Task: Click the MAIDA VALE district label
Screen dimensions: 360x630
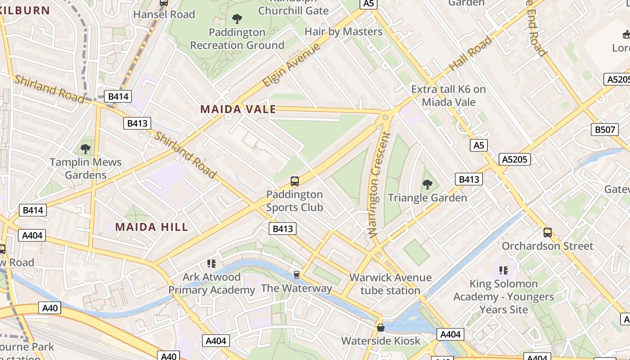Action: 238,109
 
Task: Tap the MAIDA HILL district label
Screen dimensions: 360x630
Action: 152,227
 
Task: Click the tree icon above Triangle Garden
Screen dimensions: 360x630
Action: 427,184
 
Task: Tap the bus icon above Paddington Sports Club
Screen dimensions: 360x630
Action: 295,181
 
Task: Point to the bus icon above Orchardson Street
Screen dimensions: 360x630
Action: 548,233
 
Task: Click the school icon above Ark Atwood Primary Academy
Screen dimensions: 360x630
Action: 211,264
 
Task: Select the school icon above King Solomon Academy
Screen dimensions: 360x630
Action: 504,270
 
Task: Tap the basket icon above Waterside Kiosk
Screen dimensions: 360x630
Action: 381,328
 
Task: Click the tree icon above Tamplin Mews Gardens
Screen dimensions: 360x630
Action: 85,148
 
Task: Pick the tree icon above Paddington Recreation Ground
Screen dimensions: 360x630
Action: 237,19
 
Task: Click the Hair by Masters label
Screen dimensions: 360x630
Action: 343,31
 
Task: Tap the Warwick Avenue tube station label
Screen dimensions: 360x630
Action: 390,284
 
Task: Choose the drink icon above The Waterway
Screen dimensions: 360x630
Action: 296,274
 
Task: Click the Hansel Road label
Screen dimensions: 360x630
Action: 164,14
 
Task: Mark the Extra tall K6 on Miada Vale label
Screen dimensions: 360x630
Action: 449,95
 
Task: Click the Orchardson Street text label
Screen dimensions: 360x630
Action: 548,246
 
